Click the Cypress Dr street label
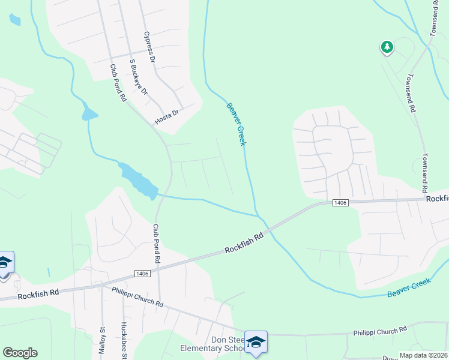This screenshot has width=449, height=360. click(x=149, y=47)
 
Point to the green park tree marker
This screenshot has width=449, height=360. click(x=387, y=47)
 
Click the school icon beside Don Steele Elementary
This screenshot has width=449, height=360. click(x=256, y=342)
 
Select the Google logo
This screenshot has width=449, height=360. click(x=20, y=353)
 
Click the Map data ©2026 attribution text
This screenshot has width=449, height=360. click(x=423, y=355)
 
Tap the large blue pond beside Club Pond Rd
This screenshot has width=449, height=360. click(x=139, y=181)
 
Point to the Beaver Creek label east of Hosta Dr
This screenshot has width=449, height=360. click(x=237, y=124)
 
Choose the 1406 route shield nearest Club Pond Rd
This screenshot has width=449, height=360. click(x=142, y=274)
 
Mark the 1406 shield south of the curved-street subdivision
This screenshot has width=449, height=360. click(x=340, y=203)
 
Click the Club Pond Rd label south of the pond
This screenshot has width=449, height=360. click(x=157, y=244)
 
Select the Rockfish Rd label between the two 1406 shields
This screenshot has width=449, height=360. click(x=244, y=244)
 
